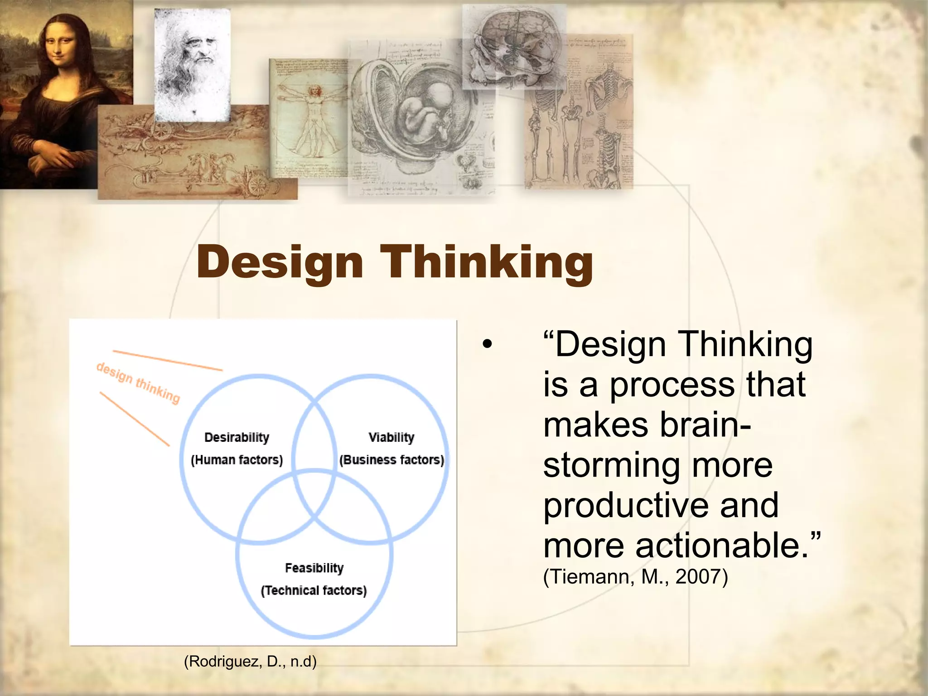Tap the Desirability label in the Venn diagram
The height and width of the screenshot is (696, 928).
pyautogui.click(x=237, y=437)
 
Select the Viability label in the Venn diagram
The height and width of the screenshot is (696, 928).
pyautogui.click(x=391, y=437)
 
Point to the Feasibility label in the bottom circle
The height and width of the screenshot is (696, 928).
pyautogui.click(x=314, y=568)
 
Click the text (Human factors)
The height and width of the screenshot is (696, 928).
pyautogui.click(x=237, y=460)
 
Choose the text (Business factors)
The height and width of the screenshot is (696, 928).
pyautogui.click(x=391, y=460)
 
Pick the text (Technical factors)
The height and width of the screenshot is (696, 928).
pyautogui.click(x=314, y=590)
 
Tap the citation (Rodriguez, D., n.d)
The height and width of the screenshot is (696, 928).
pyautogui.click(x=250, y=661)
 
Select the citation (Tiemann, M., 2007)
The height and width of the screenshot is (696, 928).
pyautogui.click(x=635, y=577)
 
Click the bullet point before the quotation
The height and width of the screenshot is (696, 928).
pyautogui.click(x=487, y=344)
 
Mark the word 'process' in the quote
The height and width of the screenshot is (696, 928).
pyautogui.click(x=672, y=384)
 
